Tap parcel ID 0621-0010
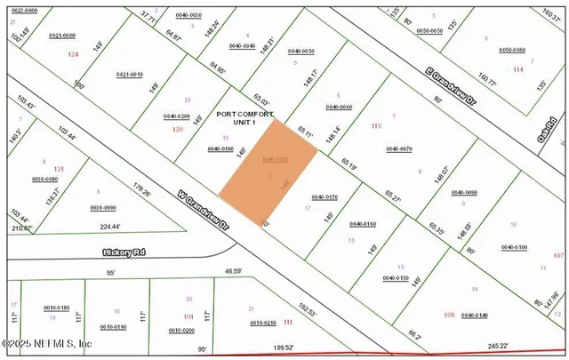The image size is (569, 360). click(130, 75)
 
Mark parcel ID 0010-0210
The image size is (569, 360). click(265, 322)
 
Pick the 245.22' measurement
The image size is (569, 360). click(472, 346)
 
